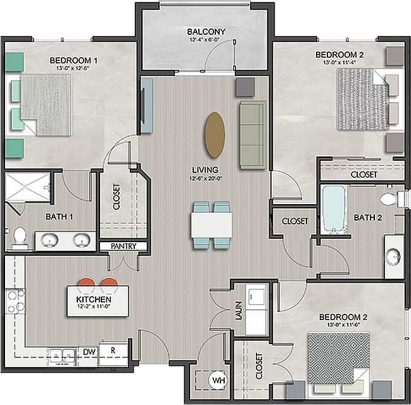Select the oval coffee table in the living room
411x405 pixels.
click(215, 135)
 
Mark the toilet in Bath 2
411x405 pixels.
click(389, 200)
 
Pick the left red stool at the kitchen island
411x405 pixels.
click(87, 282)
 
